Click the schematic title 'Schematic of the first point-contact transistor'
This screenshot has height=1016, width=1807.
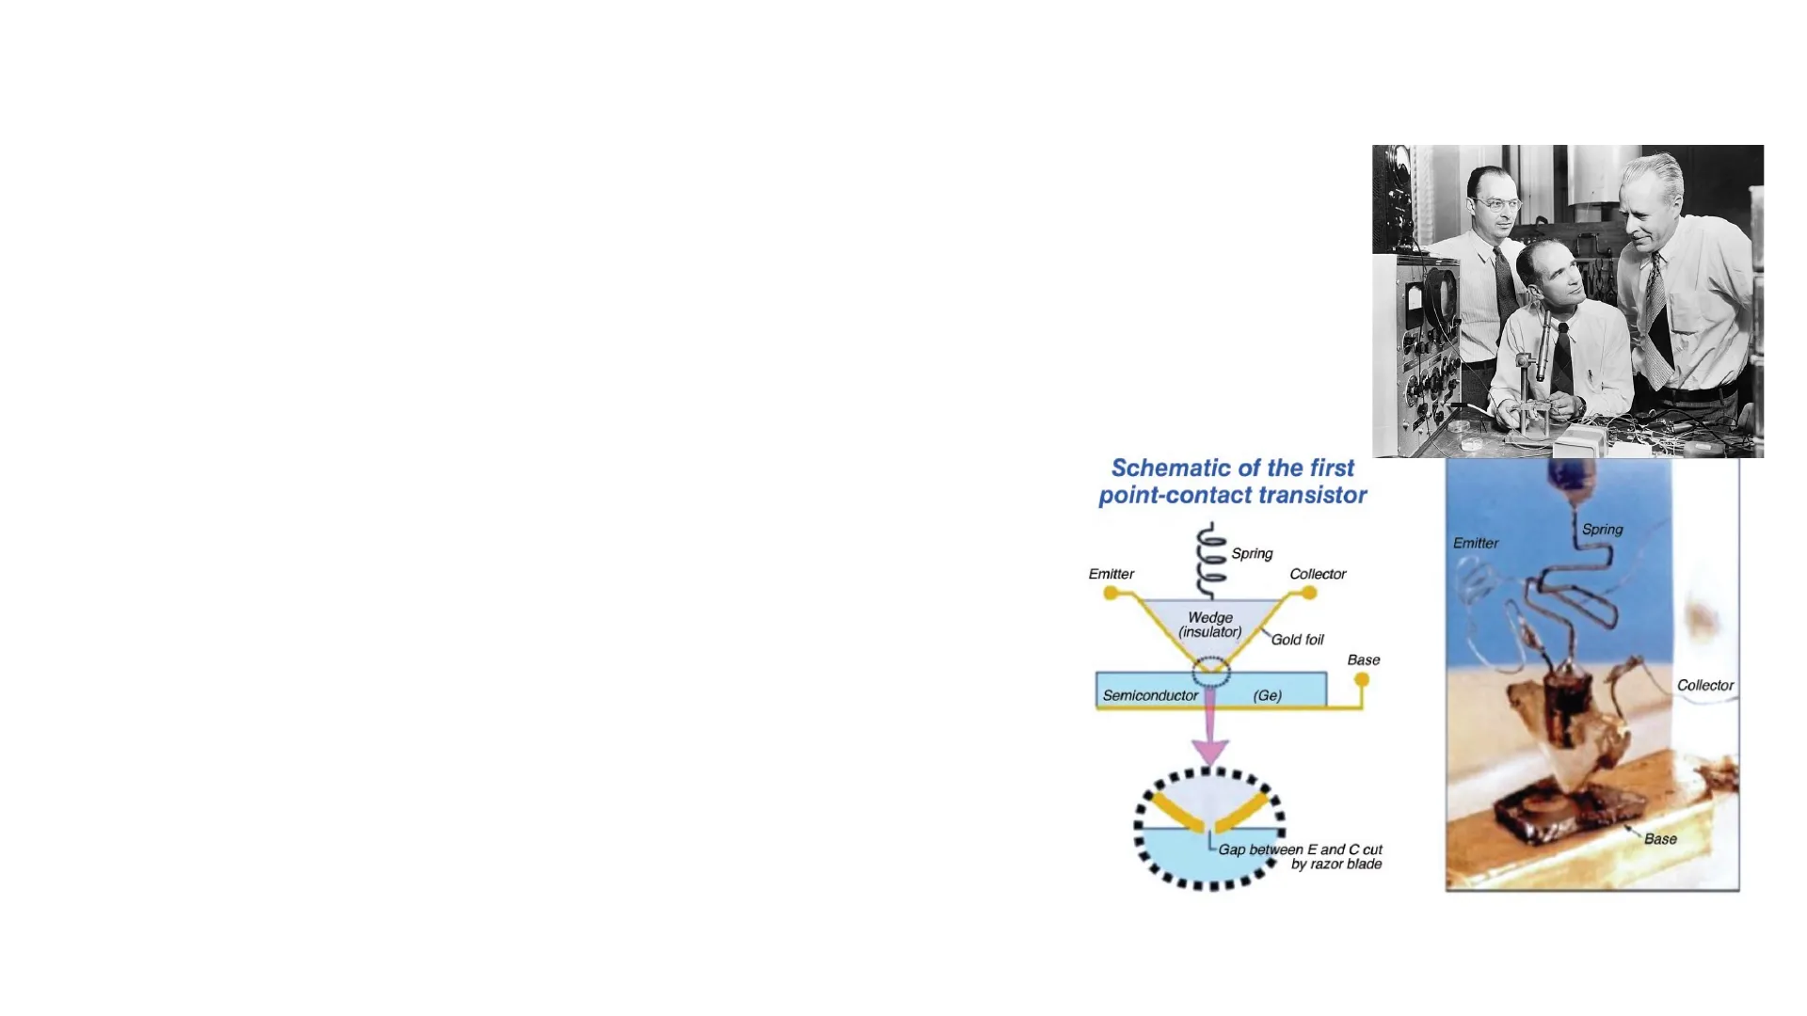1233,482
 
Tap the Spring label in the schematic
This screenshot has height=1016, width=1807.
1252,553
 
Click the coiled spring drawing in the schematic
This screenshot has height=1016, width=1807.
1211,561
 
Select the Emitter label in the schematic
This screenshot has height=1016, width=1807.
1111,574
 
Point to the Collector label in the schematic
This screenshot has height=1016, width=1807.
1318,574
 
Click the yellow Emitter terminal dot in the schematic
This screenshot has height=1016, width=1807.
1111,593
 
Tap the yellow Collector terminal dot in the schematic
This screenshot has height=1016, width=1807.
1309,593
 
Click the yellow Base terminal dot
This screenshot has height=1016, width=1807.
1362,679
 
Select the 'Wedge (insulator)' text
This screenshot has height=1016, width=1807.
1210,625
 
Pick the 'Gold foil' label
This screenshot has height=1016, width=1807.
1297,640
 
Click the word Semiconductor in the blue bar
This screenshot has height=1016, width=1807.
1150,695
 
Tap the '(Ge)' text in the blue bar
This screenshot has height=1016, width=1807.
1268,695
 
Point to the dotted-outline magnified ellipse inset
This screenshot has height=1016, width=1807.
1209,828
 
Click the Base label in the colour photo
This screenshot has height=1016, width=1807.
1660,839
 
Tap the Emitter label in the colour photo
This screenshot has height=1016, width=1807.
1476,543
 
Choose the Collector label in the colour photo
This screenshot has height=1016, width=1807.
1705,685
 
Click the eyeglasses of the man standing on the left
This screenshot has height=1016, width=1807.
1499,204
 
